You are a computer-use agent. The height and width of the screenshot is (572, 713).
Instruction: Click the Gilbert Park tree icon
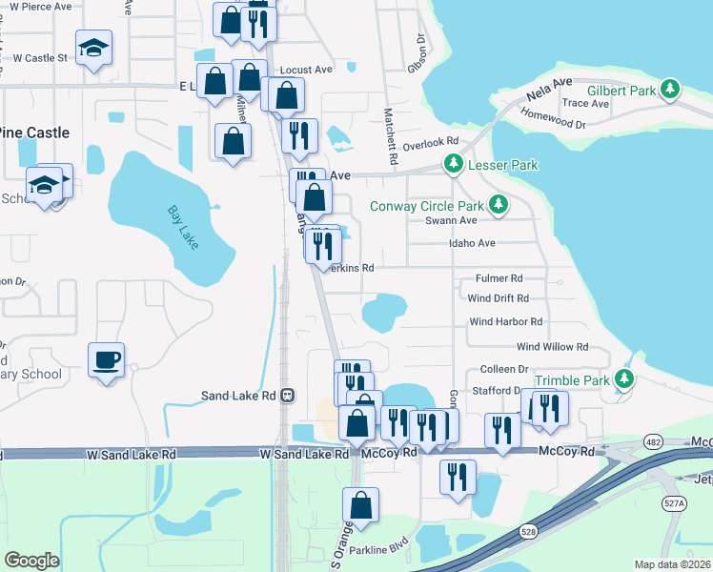tap(671, 90)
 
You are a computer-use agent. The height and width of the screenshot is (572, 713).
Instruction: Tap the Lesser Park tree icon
tap(454, 165)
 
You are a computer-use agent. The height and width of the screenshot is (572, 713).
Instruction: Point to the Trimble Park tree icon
tap(624, 380)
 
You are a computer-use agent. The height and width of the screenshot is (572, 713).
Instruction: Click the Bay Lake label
tap(182, 228)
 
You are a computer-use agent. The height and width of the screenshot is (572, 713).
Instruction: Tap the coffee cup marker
tap(106, 360)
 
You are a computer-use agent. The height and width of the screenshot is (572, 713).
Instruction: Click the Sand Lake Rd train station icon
tap(286, 395)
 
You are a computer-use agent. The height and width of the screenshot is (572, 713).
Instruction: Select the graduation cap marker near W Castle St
tap(94, 48)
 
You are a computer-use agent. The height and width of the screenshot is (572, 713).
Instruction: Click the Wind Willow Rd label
tap(552, 347)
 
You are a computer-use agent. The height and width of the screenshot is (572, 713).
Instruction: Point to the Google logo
tap(31, 561)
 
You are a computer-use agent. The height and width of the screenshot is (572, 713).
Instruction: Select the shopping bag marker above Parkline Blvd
tap(361, 505)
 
